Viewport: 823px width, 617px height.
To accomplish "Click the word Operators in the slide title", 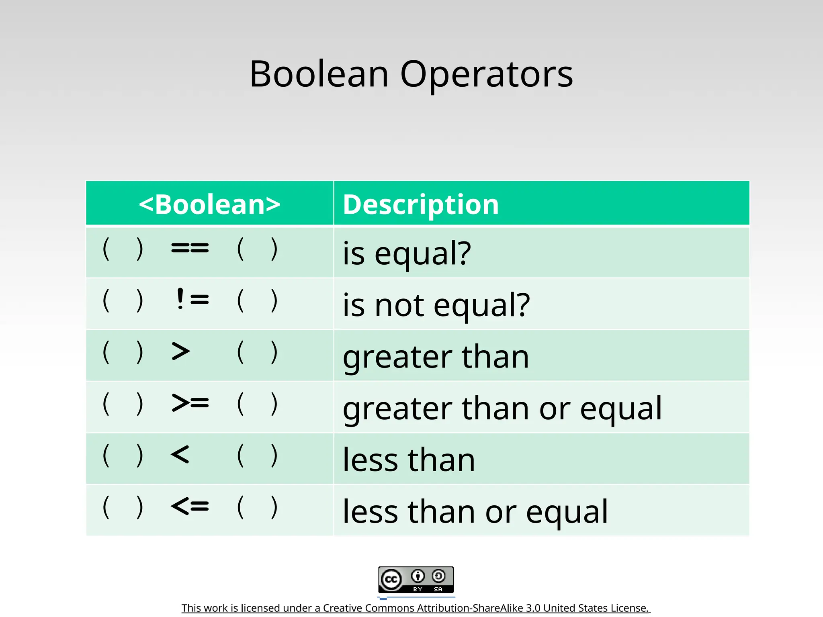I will tap(487, 75).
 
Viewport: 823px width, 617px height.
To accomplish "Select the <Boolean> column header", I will tap(209, 204).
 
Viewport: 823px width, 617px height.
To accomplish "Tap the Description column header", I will tap(421, 204).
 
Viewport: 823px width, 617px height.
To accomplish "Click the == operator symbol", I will tap(190, 248).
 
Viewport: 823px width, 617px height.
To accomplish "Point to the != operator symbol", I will tap(192, 299).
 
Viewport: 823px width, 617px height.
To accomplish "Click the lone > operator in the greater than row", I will tap(180, 351).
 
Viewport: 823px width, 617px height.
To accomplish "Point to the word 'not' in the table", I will tap(399, 305).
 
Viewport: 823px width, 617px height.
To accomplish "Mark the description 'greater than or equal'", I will tap(502, 408).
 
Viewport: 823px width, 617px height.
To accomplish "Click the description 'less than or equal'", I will tap(475, 511).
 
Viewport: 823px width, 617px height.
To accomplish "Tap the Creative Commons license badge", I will tap(416, 580).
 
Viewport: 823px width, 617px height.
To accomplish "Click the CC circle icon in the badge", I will tap(391, 580).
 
